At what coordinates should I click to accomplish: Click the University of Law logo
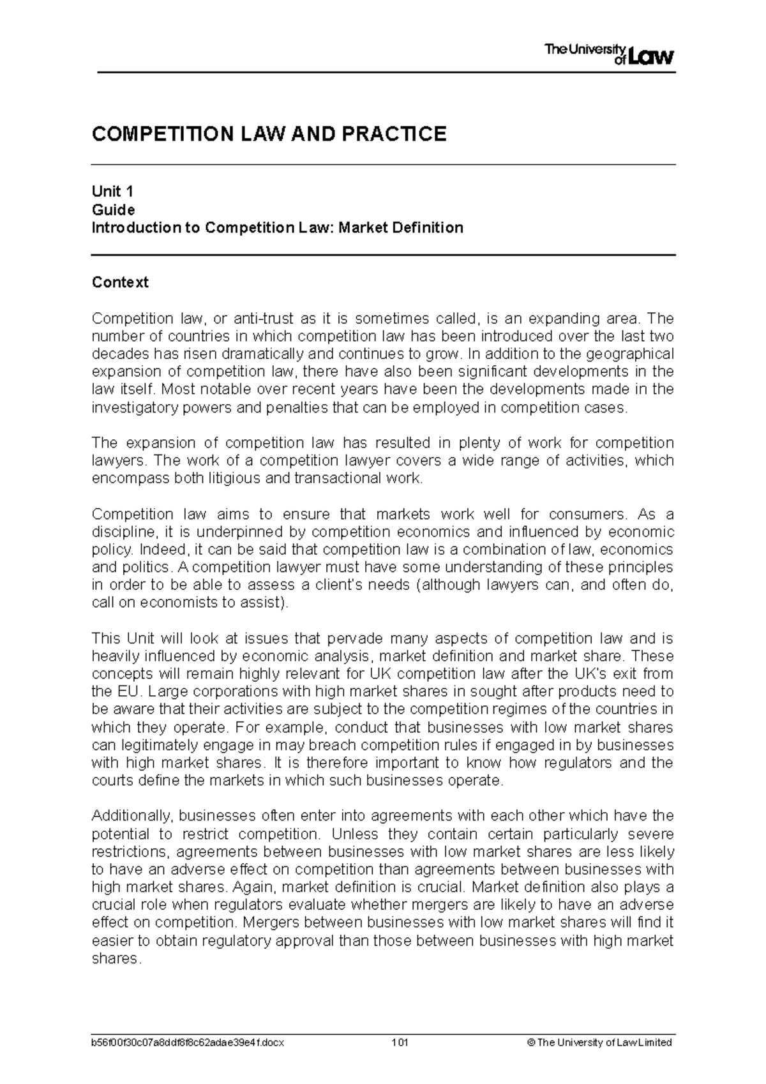click(609, 54)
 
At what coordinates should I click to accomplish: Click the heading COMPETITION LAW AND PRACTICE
click(269, 134)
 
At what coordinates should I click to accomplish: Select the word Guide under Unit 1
click(113, 209)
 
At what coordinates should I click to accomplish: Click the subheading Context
click(120, 282)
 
